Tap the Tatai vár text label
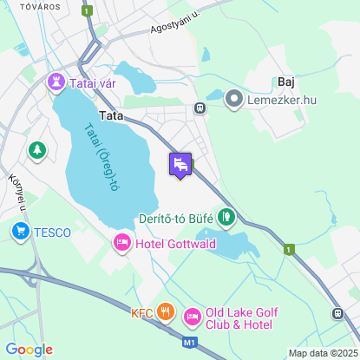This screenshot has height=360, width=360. pyautogui.click(x=92, y=82)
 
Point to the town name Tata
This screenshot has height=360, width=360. pyautogui.click(x=111, y=115)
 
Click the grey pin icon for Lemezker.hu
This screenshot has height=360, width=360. pyautogui.click(x=233, y=100)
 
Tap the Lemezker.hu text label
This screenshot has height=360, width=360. pyautogui.click(x=278, y=101)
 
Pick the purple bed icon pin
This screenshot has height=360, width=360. pyautogui.click(x=180, y=164)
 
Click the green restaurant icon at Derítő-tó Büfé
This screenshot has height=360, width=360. pyautogui.click(x=226, y=217)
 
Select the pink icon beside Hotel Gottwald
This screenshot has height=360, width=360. pyautogui.click(x=122, y=244)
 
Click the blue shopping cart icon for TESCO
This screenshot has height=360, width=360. pyautogui.click(x=20, y=232)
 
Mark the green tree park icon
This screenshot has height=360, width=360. pyautogui.click(x=36, y=151)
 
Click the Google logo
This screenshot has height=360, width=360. pyautogui.click(x=29, y=349)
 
